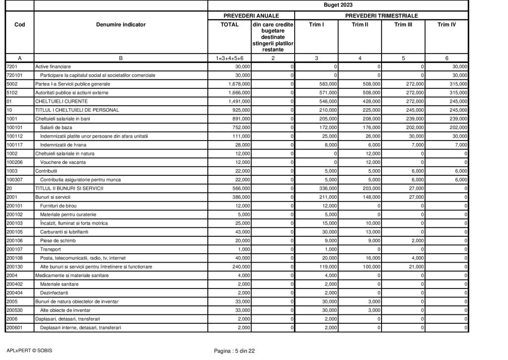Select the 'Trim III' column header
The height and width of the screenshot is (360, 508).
point(403,24)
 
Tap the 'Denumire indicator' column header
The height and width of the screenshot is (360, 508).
point(121,24)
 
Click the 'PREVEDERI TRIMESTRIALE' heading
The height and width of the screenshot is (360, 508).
point(381,16)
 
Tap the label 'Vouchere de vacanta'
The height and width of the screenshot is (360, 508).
point(63,162)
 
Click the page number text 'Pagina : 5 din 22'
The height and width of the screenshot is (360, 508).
point(234,351)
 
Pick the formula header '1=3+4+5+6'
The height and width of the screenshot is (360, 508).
point(230,58)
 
